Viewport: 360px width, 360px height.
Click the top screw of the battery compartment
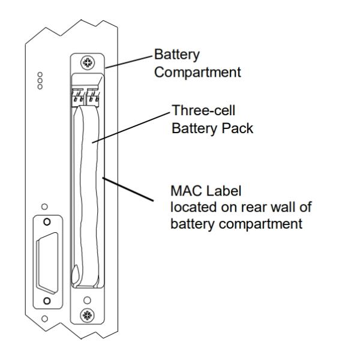pos(88,62)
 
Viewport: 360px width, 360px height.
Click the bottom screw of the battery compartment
pos(88,313)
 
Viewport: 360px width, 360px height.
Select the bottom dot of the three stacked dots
pos(40,87)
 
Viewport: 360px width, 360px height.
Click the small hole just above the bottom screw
pos(88,299)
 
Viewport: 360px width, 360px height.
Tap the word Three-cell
pos(199,112)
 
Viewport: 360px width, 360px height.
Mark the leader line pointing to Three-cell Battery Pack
pos(132,125)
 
